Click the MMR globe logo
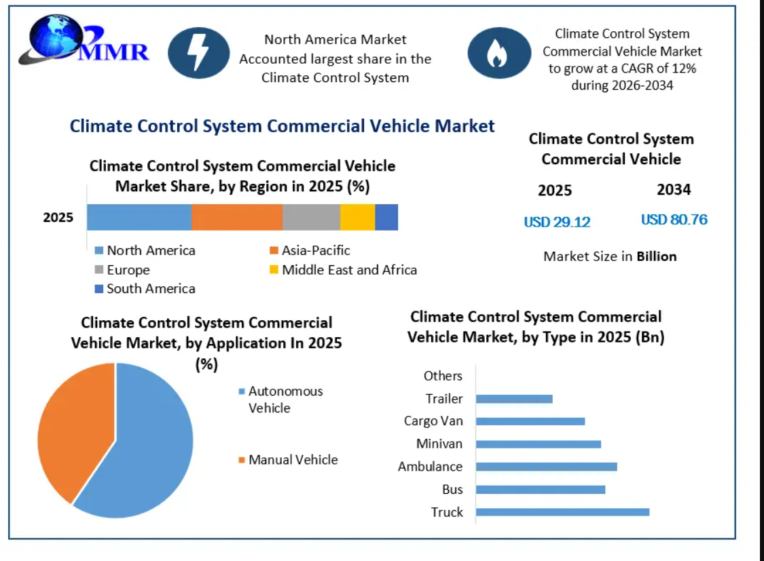(84, 40)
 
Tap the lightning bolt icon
(199, 53)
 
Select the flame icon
(499, 53)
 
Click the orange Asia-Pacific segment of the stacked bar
(237, 217)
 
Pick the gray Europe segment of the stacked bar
(311, 217)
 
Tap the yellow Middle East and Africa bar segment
(358, 217)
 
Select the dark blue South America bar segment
(386, 217)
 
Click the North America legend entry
(145, 250)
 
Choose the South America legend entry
(145, 289)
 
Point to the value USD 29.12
(557, 223)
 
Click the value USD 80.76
(674, 220)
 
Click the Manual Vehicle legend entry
(288, 460)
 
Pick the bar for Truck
(562, 512)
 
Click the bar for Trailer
(514, 399)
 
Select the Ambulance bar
(546, 467)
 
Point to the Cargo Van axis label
(433, 421)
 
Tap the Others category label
(443, 376)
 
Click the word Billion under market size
(656, 256)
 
